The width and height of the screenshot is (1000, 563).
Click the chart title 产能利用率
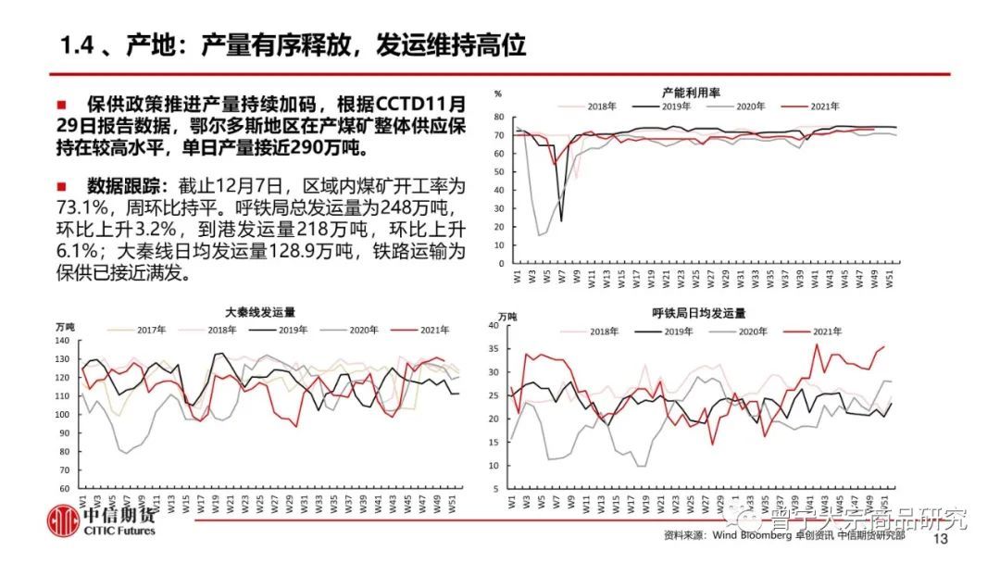tap(691, 92)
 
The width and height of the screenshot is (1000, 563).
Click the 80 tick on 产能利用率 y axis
tap(498, 117)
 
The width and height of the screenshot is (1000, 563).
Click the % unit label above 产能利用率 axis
tap(497, 94)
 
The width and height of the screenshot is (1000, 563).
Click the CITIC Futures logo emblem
tap(64, 522)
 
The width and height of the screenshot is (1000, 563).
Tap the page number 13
tap(944, 540)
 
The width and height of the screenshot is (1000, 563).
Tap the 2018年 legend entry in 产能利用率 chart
tap(601, 106)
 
